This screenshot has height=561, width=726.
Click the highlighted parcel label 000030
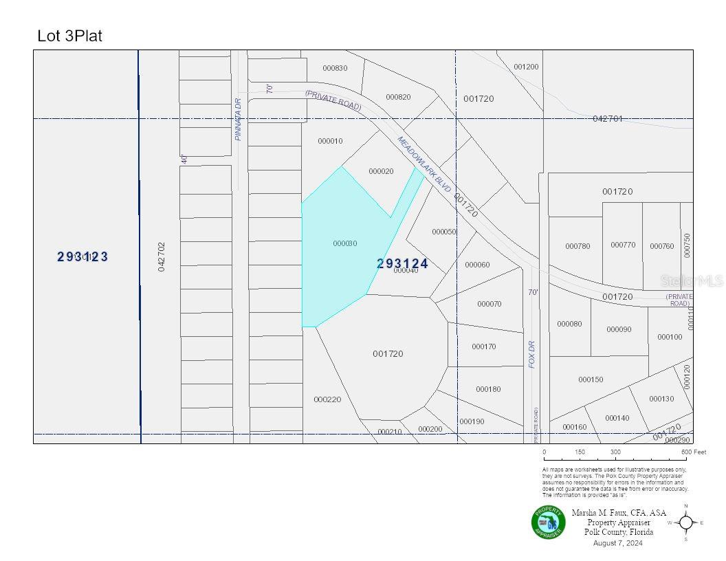(344, 243)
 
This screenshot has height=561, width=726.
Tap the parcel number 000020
(381, 171)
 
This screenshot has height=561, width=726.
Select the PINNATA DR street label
(239, 119)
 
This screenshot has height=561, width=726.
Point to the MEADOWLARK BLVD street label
(424, 164)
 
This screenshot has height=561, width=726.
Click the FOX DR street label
(532, 353)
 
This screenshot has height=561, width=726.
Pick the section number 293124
(403, 263)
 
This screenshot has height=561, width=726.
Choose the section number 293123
(82, 256)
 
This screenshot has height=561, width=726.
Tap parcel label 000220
(327, 399)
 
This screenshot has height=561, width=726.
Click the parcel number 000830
(335, 67)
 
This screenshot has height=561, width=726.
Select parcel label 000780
(577, 246)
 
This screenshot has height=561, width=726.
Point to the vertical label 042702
(162, 256)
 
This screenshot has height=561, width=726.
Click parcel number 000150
(591, 379)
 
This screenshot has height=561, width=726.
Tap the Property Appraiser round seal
(548, 522)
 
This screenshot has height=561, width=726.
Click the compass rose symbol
(686, 522)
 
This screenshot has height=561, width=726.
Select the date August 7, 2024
(617, 543)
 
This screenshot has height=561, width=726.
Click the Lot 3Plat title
(69, 36)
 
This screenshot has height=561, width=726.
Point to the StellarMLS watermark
(691, 280)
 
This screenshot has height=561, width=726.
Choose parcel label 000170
(484, 346)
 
